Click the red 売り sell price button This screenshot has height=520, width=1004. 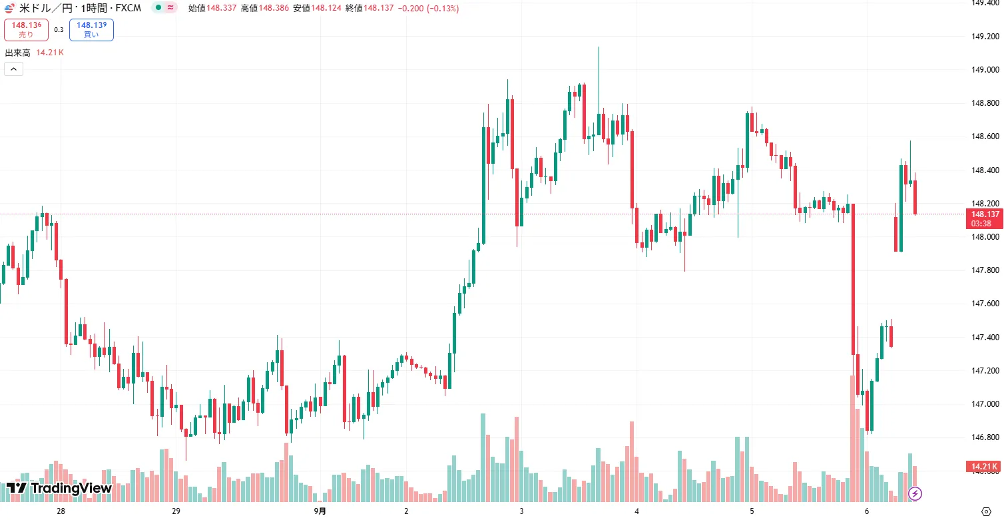pos(26,30)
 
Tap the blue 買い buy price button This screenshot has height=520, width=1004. pos(91,30)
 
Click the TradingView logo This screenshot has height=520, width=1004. pos(59,488)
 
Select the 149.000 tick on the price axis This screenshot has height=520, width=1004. pos(984,70)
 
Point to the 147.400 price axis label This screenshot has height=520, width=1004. pos(984,338)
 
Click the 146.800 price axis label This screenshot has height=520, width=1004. pos(984,437)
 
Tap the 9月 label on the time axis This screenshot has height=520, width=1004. pos(320,511)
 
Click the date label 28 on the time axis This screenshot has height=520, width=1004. pos(61,511)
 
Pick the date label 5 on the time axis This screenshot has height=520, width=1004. pos(752,511)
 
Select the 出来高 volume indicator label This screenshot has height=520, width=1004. pos(18,53)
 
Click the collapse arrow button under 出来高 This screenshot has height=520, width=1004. pos(13,69)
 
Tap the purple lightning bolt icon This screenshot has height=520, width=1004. pos(915,493)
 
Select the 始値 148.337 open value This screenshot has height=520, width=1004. pos(209,9)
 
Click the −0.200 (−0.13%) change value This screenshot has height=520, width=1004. pos(426,9)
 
